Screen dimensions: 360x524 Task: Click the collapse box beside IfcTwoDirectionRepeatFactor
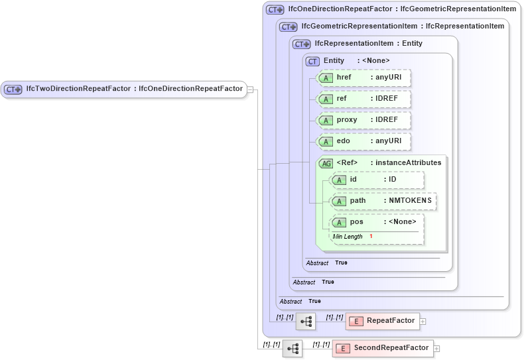click(250, 89)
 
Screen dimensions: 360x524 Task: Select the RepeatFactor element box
click(382, 321)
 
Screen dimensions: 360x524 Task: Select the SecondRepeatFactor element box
click(383, 348)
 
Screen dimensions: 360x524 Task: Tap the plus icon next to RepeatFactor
click(423, 322)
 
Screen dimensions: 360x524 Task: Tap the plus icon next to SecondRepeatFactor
click(436, 349)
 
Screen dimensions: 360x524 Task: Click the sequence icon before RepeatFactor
click(306, 322)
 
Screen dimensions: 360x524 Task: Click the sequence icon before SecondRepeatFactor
click(292, 348)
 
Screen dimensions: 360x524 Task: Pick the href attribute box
click(364, 78)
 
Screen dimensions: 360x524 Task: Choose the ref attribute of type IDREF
click(364, 99)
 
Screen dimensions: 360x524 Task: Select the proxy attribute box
click(364, 120)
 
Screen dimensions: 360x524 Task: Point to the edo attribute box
click(364, 141)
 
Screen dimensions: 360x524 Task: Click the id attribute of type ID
click(377, 180)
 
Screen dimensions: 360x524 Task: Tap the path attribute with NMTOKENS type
click(383, 201)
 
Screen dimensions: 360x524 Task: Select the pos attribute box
click(377, 223)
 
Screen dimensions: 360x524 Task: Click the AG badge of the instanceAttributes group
click(326, 163)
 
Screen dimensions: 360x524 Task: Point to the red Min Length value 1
click(371, 237)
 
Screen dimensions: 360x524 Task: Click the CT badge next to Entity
click(312, 61)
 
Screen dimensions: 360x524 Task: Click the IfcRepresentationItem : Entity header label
click(368, 44)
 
